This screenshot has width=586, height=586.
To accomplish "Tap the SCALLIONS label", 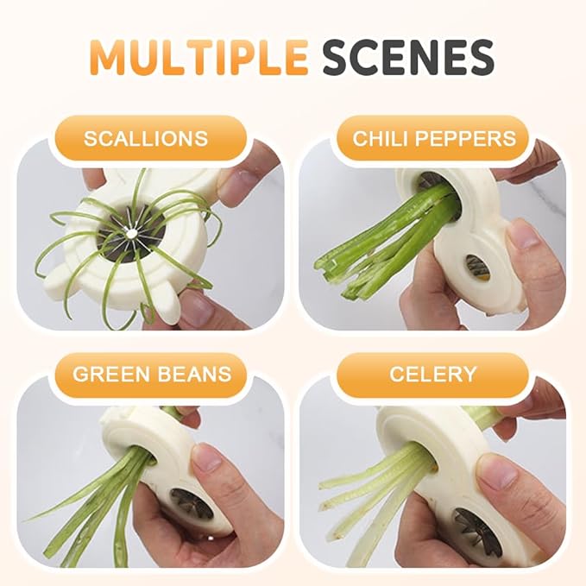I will (146, 138).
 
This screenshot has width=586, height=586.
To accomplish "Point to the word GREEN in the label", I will (108, 374).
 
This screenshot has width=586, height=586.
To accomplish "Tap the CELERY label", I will (432, 374).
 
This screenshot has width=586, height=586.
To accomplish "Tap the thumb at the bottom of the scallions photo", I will (194, 306).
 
